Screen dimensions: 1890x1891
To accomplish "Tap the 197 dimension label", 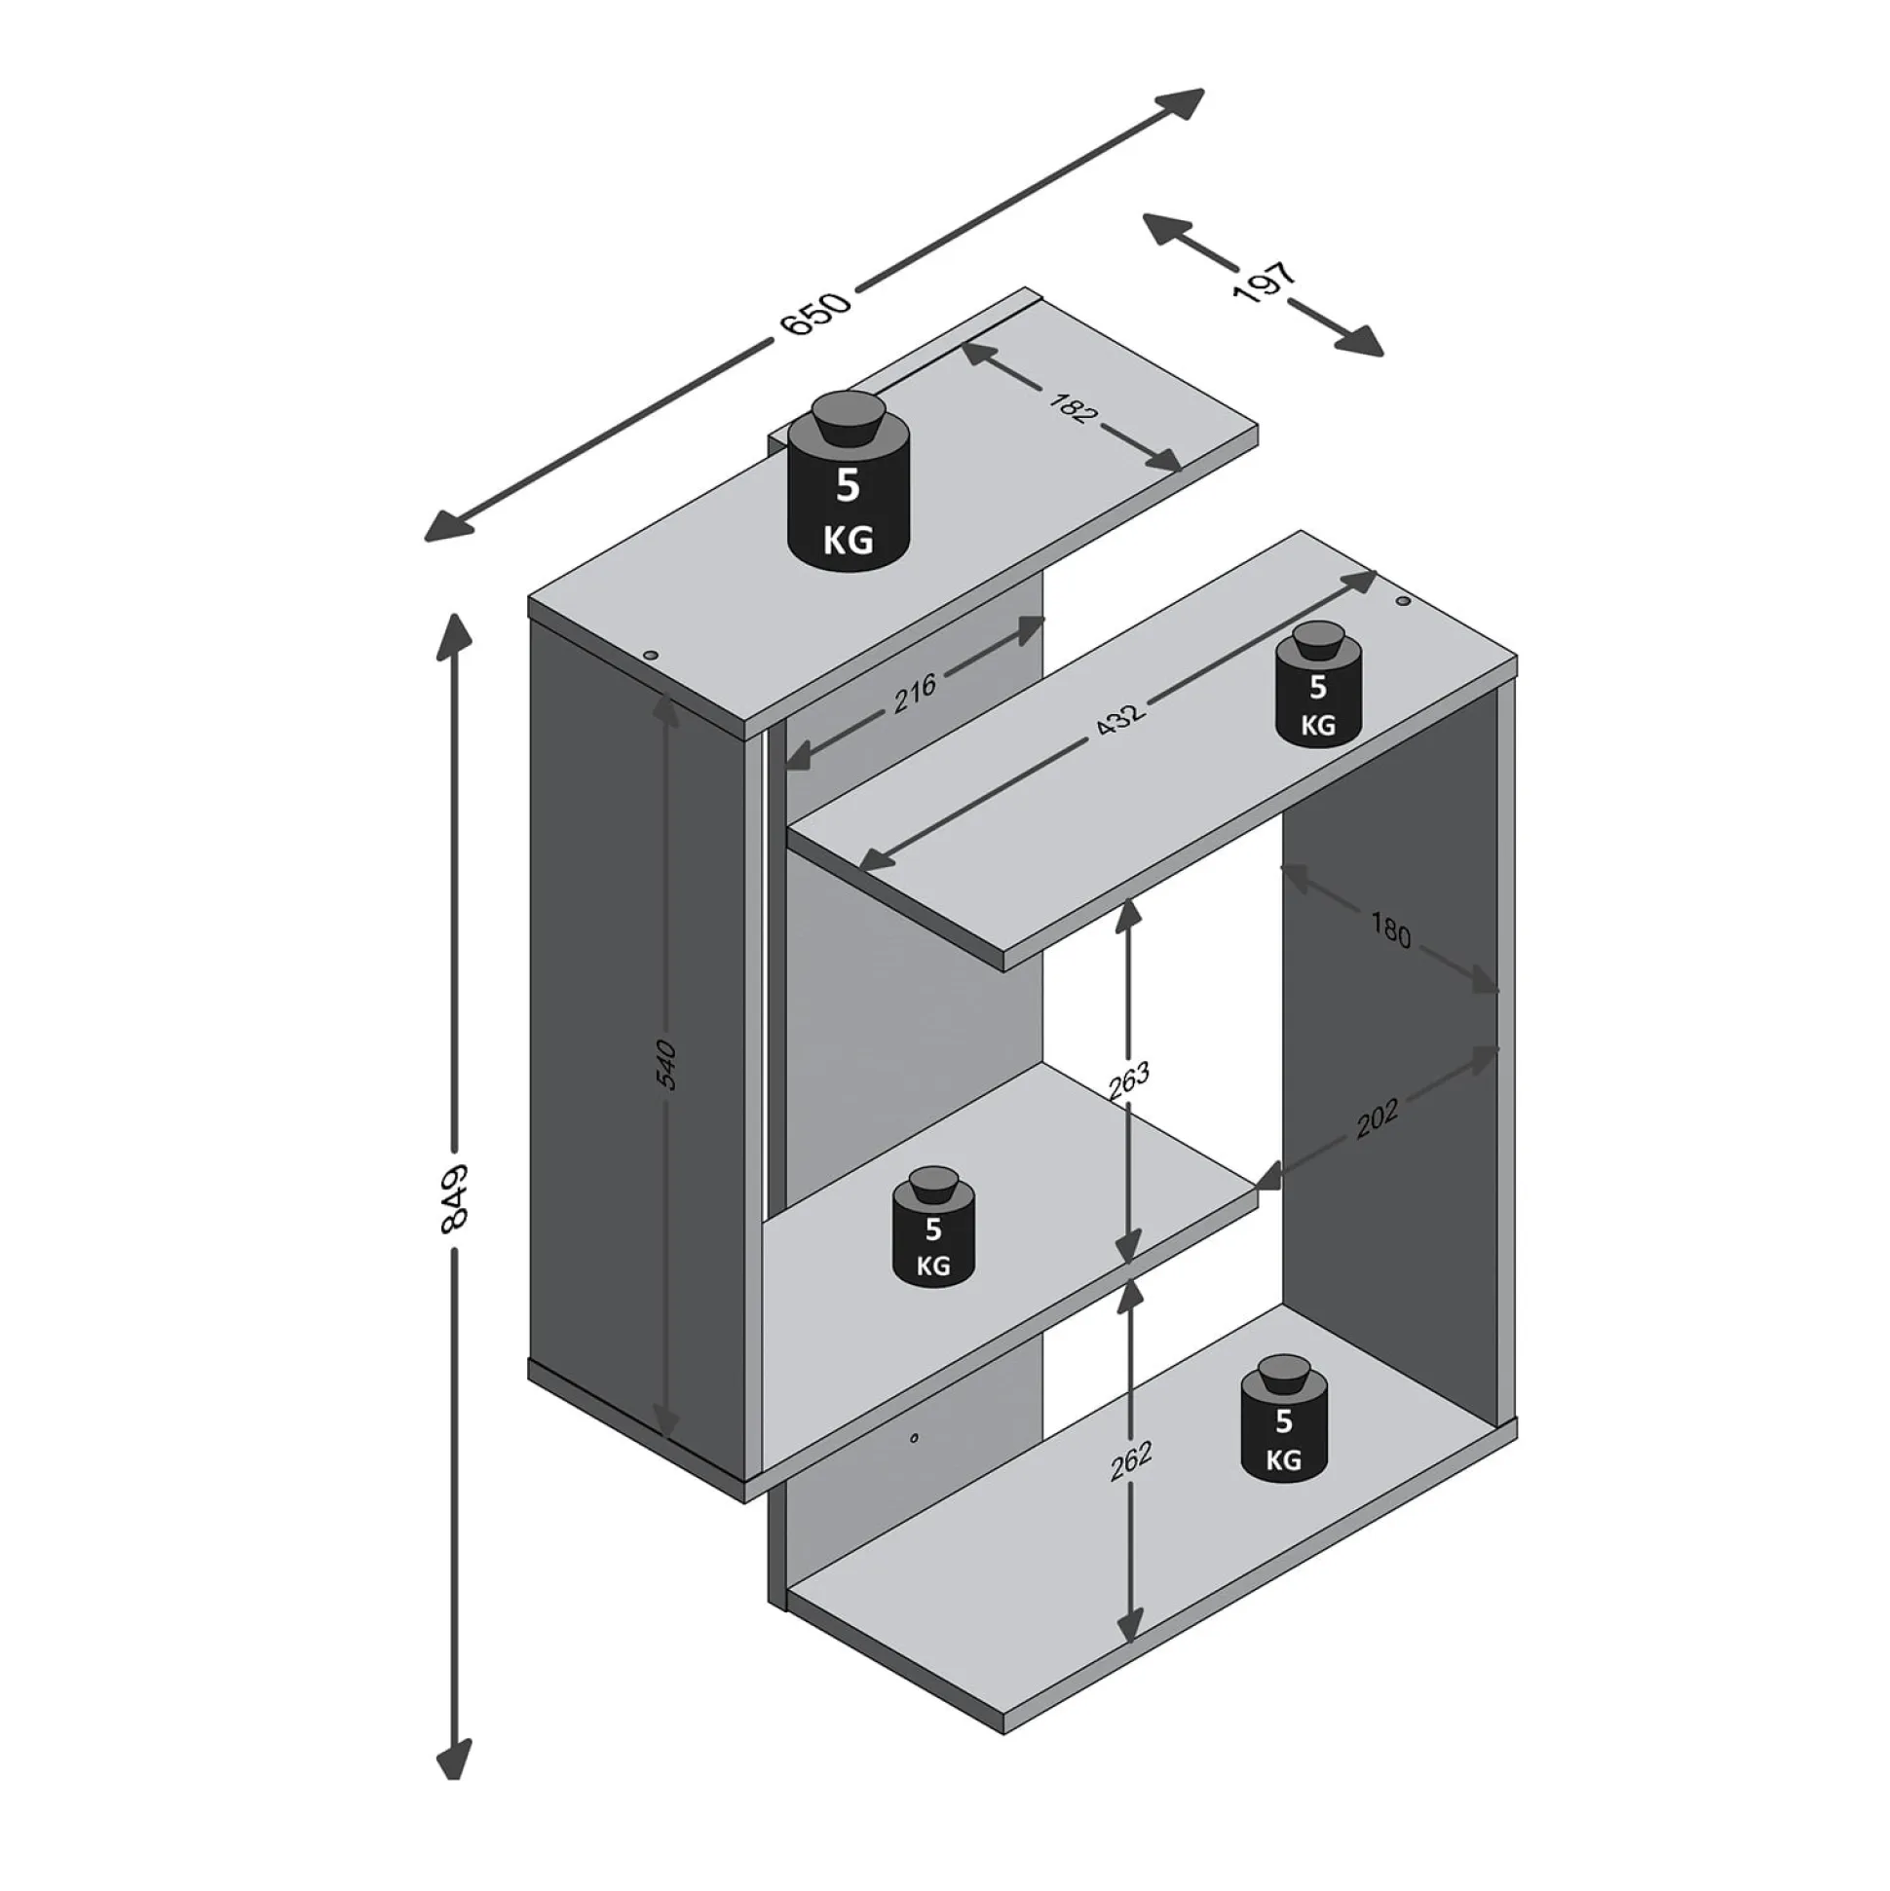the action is [x=1265, y=283].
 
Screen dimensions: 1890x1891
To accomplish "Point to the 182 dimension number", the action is [x=1073, y=408].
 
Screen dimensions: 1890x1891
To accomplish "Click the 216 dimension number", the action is [x=915, y=694].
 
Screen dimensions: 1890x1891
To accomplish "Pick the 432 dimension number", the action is [x=1119, y=717].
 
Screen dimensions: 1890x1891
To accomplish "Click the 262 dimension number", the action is [x=1133, y=1489].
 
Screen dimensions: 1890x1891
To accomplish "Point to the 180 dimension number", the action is [x=1389, y=930].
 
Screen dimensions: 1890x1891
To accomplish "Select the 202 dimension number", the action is [x=1378, y=1120].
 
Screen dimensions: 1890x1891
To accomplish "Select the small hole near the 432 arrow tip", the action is [x=1403, y=601].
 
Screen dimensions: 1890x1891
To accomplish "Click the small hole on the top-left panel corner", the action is [x=649, y=655].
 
